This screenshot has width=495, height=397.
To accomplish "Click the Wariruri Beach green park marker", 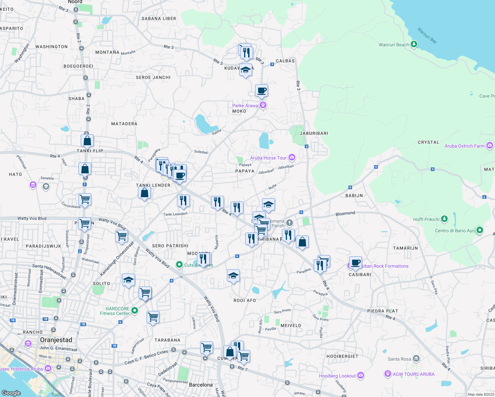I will coord(414,44).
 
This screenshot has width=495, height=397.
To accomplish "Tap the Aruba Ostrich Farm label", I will coord(464,146).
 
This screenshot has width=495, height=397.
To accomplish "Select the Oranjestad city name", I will coord(56,340).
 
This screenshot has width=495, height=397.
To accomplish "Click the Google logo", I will coord(11,393).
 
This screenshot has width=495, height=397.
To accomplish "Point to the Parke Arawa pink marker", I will coord(263,105).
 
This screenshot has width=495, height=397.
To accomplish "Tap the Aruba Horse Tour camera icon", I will coord(292,157).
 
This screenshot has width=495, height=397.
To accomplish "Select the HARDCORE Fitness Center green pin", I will coord(134,310).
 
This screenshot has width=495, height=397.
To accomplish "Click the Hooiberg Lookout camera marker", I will coord(361,375).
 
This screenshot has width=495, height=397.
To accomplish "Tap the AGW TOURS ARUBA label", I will coord(414,374).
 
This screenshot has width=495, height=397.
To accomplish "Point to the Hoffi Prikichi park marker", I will coord(444,219).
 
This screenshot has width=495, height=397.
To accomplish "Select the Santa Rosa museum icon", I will coord(416,358).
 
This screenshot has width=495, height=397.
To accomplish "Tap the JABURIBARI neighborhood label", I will coord(314,133).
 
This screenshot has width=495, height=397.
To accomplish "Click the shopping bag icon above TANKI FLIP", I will coord(87,141).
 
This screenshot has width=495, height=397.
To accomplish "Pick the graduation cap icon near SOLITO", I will coord(128,280).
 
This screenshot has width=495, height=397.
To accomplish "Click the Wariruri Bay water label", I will coord(427,35).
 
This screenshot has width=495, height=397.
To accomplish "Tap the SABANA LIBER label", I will coord(159,19).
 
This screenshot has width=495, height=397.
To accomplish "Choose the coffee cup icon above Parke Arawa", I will coord(261,90).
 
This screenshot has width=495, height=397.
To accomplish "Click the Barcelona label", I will coord(201,385).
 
